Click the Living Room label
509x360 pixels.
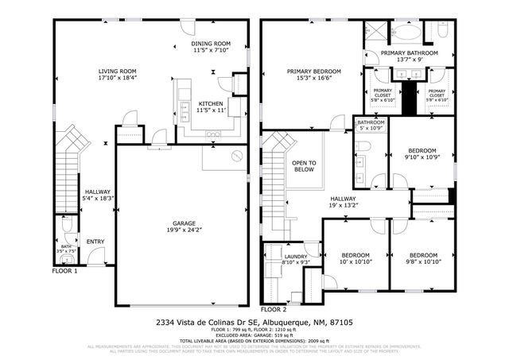117,70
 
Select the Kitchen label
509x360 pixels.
211,104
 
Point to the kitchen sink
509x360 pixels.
184,108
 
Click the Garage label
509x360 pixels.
185,223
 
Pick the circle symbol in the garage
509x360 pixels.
235,157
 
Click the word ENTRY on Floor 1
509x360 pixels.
95,242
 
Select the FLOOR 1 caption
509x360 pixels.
64,271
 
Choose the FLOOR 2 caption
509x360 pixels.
273,308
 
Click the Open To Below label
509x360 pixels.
304,166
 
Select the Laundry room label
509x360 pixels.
296,257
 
